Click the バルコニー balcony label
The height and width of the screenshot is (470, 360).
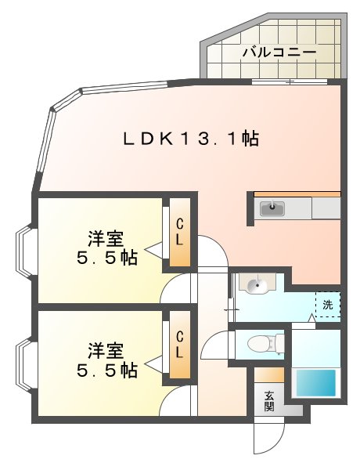tap(279, 53)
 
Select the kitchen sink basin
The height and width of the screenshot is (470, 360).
tap(273, 208)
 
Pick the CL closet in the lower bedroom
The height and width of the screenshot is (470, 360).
tap(179, 345)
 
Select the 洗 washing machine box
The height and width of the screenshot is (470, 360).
tap(328, 304)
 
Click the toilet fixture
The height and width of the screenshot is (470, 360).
tap(261, 343)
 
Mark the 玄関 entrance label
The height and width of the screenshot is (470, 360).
tap(269, 400)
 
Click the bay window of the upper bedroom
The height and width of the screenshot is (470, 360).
tap(23, 251)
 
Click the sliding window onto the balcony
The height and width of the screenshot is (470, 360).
tap(289, 81)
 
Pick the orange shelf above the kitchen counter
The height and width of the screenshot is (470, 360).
tap(296, 193)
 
